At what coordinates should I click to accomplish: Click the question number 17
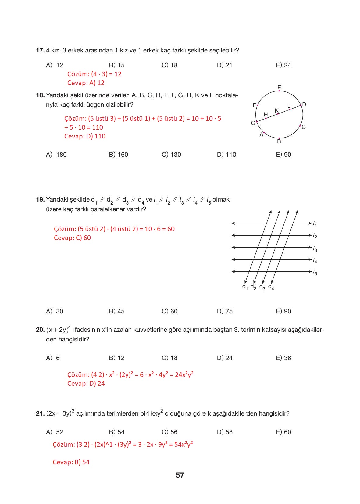click(x=40, y=50)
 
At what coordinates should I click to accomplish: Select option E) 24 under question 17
click(x=283, y=65)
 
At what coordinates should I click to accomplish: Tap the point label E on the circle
click(x=279, y=88)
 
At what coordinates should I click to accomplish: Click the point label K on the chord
click(x=277, y=110)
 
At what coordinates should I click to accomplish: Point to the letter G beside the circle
click(x=253, y=123)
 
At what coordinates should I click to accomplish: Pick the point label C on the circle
click(x=304, y=127)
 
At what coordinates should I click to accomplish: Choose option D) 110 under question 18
click(x=226, y=155)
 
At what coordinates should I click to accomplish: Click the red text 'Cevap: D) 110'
click(x=85, y=136)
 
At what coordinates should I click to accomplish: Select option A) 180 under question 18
click(x=56, y=155)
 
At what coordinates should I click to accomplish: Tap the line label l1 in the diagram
click(x=315, y=224)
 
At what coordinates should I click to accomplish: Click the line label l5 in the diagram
click(x=315, y=272)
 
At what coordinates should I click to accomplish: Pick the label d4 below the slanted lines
click(x=271, y=287)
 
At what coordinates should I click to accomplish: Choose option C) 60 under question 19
click(x=169, y=311)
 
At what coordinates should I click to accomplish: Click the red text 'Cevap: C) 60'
click(x=72, y=238)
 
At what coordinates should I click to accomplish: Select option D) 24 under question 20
click(x=225, y=358)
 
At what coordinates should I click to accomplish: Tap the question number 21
click(x=40, y=414)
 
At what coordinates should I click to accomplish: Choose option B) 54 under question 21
click(x=117, y=432)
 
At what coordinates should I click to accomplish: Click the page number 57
click(x=180, y=475)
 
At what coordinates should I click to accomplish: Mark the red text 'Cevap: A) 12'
click(x=86, y=83)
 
